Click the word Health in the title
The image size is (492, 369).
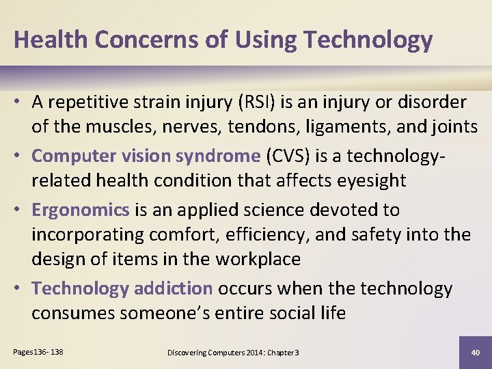point(51,40)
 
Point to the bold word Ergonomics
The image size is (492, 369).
point(81,209)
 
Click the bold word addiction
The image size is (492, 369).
point(174,288)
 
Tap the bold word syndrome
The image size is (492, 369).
point(218,156)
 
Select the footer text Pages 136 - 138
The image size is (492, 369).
point(38,352)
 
